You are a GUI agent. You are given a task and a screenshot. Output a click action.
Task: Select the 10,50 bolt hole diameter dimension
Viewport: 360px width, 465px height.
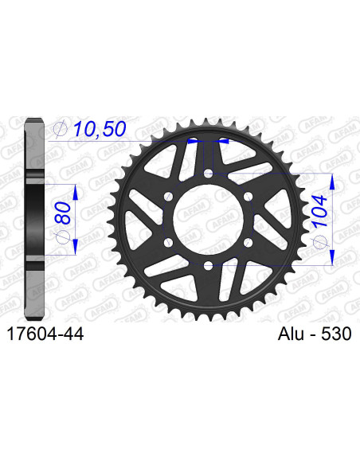[x=99, y=129]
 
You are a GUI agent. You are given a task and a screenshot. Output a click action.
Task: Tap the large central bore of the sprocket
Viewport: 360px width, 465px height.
[x=207, y=219]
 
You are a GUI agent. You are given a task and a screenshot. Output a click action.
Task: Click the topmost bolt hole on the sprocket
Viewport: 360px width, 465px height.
[x=207, y=173]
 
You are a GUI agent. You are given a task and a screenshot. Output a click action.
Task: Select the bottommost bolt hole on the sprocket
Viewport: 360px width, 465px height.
[x=207, y=265]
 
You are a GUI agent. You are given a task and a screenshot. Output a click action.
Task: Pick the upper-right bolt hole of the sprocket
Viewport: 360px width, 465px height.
[x=247, y=196]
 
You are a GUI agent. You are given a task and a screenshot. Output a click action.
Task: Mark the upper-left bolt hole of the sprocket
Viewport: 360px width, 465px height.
[x=167, y=196]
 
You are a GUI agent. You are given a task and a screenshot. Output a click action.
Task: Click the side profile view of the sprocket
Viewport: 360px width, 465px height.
[x=33, y=219]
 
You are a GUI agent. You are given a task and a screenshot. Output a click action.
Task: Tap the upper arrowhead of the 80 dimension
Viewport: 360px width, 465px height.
[x=75, y=190]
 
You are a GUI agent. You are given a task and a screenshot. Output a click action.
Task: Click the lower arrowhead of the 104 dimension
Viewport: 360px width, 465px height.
[x=331, y=259]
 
